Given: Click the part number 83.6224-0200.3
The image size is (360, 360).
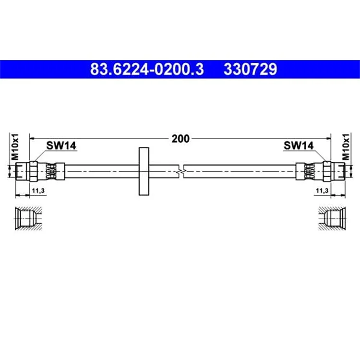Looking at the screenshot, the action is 147,69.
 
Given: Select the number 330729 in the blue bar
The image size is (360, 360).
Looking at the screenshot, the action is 251,69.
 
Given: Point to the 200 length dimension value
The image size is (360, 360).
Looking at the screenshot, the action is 180,139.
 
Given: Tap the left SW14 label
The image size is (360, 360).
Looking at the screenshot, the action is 61,145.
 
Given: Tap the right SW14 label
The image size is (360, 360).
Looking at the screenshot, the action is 299,145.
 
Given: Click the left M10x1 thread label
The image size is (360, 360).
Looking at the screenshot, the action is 15,147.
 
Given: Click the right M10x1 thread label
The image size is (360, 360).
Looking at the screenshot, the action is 346,147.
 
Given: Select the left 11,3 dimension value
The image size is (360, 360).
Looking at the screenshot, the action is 38,191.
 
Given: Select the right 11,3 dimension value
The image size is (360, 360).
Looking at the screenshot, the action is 322,191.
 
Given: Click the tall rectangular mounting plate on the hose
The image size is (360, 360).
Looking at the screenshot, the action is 144,171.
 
